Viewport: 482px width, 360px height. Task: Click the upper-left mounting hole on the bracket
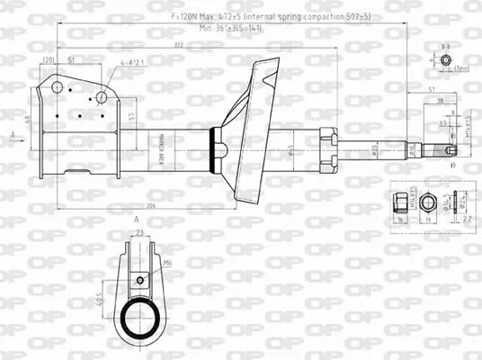[57, 87]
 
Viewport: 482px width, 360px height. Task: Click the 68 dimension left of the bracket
[28, 120]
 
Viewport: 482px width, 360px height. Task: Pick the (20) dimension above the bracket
[48, 60]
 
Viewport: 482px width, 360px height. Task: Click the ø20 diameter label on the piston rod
[374, 148]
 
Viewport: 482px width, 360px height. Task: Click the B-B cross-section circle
[445, 60]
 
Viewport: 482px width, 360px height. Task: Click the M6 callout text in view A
[167, 263]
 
